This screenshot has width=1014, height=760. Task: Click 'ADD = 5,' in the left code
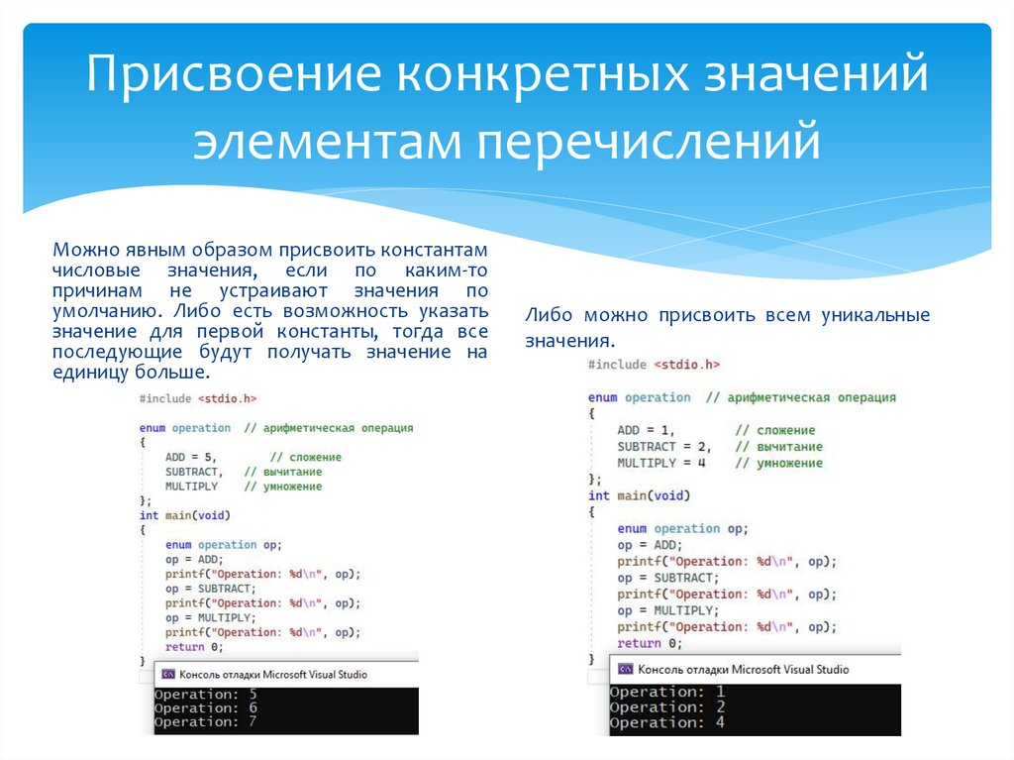pyautogui.click(x=190, y=457)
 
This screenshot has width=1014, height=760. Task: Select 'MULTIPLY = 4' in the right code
pyautogui.click(x=661, y=463)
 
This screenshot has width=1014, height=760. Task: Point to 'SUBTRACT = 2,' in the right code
pyautogui.click(x=664, y=447)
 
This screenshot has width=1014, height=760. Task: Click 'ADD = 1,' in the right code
pyautogui.click(x=646, y=430)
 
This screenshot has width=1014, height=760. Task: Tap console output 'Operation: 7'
pyautogui.click(x=206, y=721)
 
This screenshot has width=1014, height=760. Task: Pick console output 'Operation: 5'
pyautogui.click(x=206, y=694)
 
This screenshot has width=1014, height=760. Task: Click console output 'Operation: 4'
pyautogui.click(x=667, y=722)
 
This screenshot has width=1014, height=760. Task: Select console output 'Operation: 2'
pyautogui.click(x=667, y=706)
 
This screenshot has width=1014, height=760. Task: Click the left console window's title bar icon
pyautogui.click(x=167, y=675)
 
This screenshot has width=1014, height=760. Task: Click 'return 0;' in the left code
pyautogui.click(x=194, y=647)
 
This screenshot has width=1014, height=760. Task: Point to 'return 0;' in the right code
pyautogui.click(x=650, y=643)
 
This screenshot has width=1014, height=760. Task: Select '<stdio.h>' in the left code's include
pyautogui.click(x=227, y=398)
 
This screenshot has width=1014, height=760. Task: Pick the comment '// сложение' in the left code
pyautogui.click(x=306, y=457)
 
